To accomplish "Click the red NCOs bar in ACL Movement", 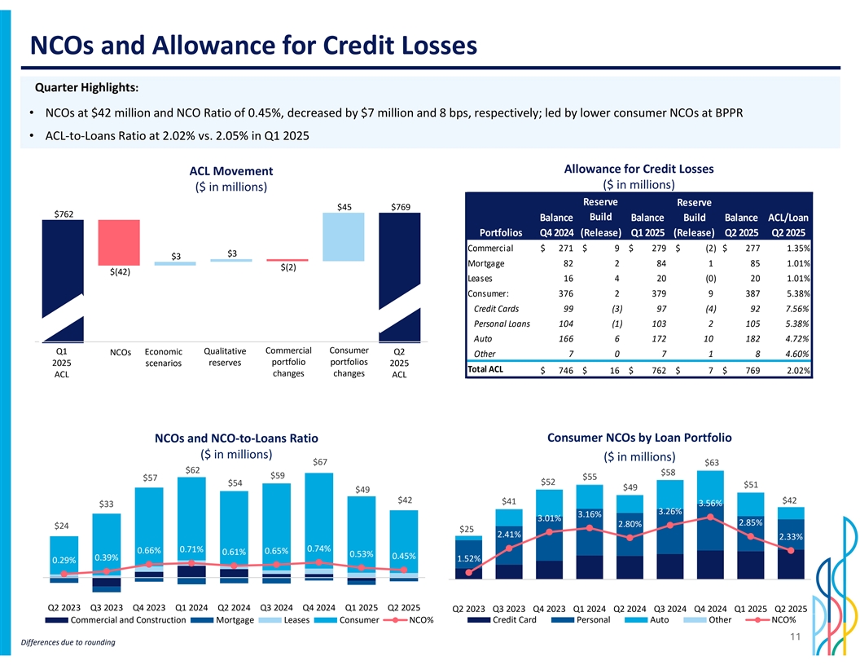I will pyautogui.click(x=119, y=242).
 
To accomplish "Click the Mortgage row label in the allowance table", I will pyautogui.click(x=487, y=263).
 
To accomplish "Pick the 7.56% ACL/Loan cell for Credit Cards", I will pyautogui.click(x=794, y=309).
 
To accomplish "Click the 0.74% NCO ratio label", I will pyautogui.click(x=319, y=548).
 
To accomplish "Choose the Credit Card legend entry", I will pyautogui.click(x=512, y=621).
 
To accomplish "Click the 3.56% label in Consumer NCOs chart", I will pyautogui.click(x=709, y=503).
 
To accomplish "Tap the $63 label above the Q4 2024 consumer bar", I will pyautogui.click(x=711, y=463).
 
